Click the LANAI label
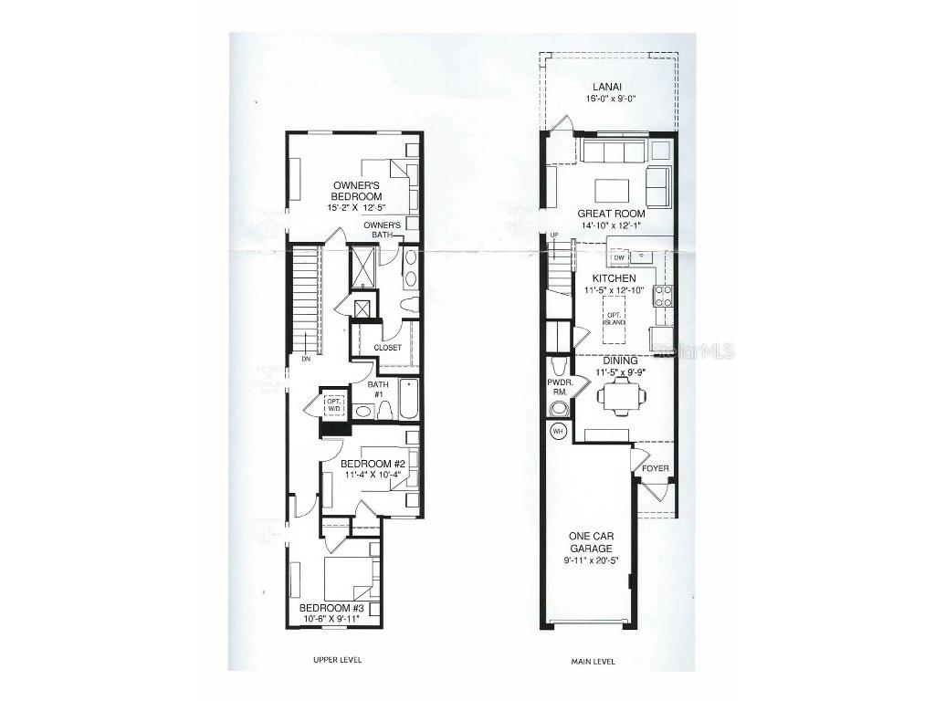pos(609,88)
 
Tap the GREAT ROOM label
pos(611,214)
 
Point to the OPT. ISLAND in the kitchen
pos(614,318)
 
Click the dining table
pos(621,394)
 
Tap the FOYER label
pos(656,469)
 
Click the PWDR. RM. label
pos(558,387)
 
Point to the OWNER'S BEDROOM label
pos(357,191)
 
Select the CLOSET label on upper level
pos(387,348)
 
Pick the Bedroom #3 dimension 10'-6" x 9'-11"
pos(331,619)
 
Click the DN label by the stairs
pos(305,360)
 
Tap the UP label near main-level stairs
pos(553,236)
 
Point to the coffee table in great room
pos(612,190)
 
